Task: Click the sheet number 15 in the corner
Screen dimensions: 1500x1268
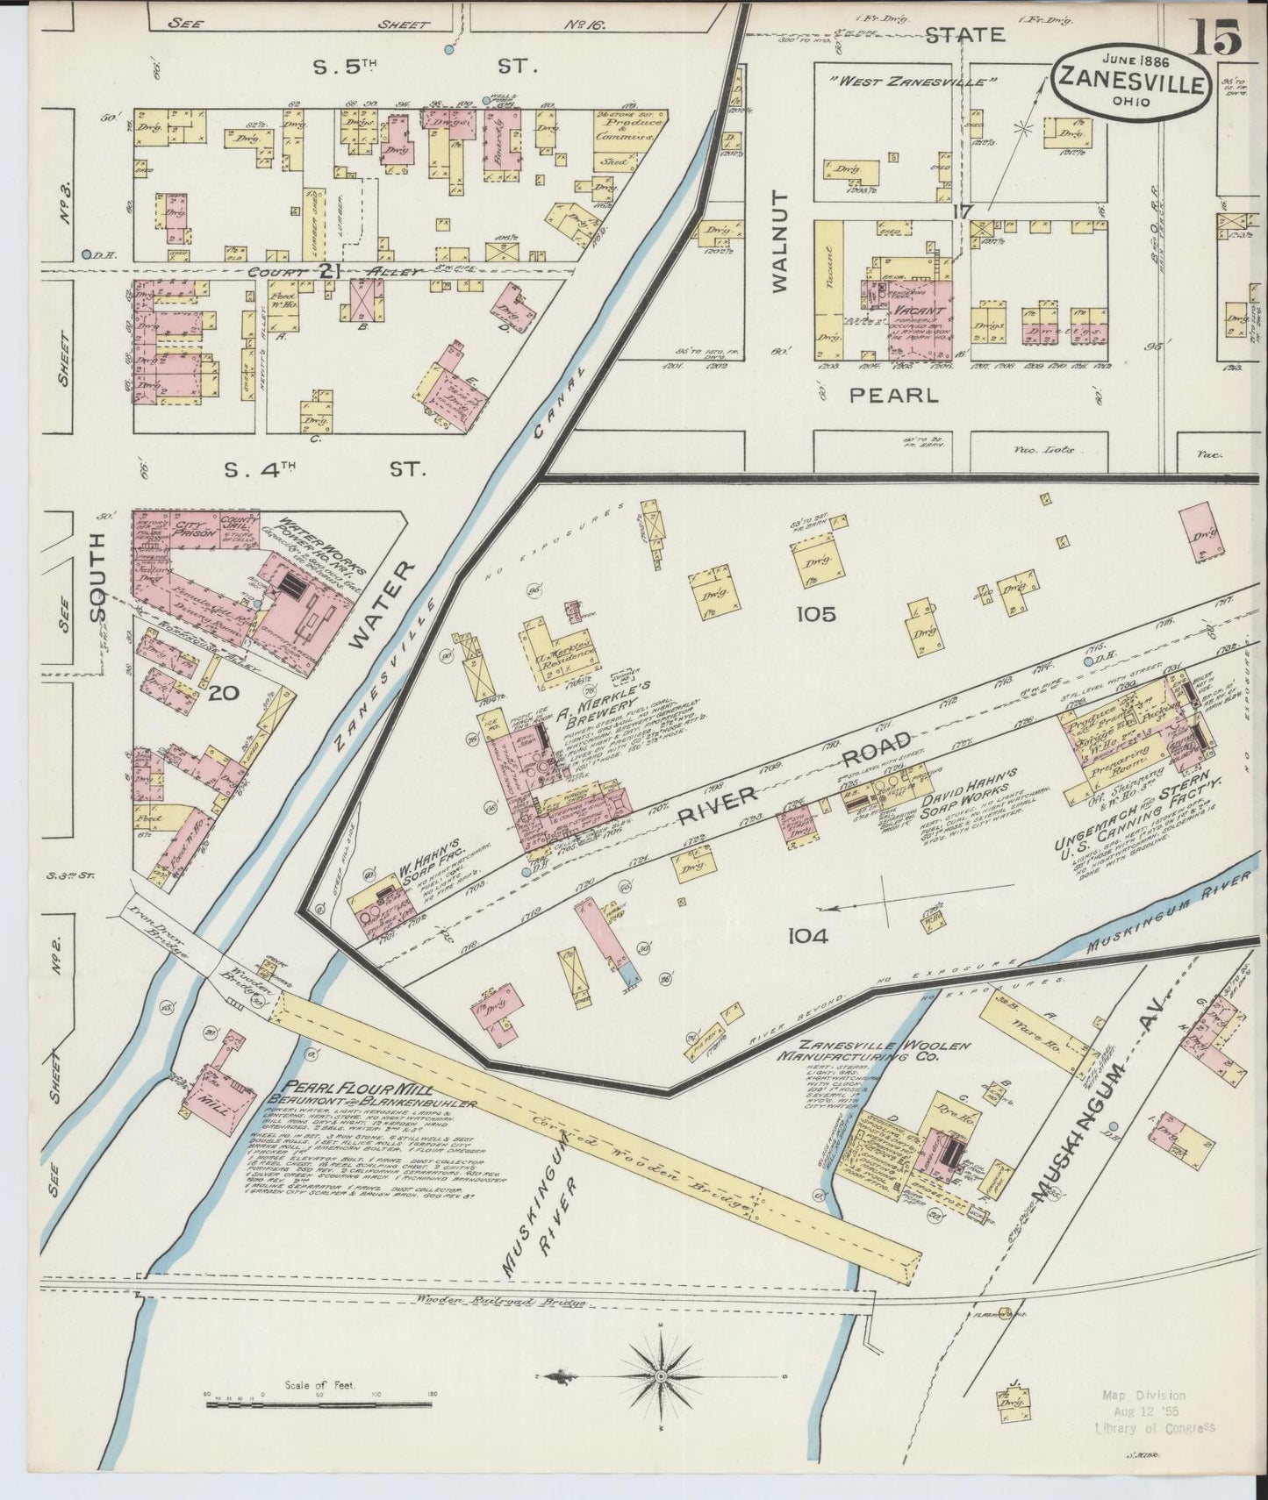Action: pyautogui.click(x=1215, y=36)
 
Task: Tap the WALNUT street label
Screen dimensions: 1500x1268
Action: pyautogui.click(x=781, y=239)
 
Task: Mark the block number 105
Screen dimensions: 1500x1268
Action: pyautogui.click(x=815, y=614)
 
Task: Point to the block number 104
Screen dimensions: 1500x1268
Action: pyautogui.click(x=807, y=936)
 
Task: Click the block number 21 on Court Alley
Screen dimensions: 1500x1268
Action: pyautogui.click(x=329, y=271)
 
